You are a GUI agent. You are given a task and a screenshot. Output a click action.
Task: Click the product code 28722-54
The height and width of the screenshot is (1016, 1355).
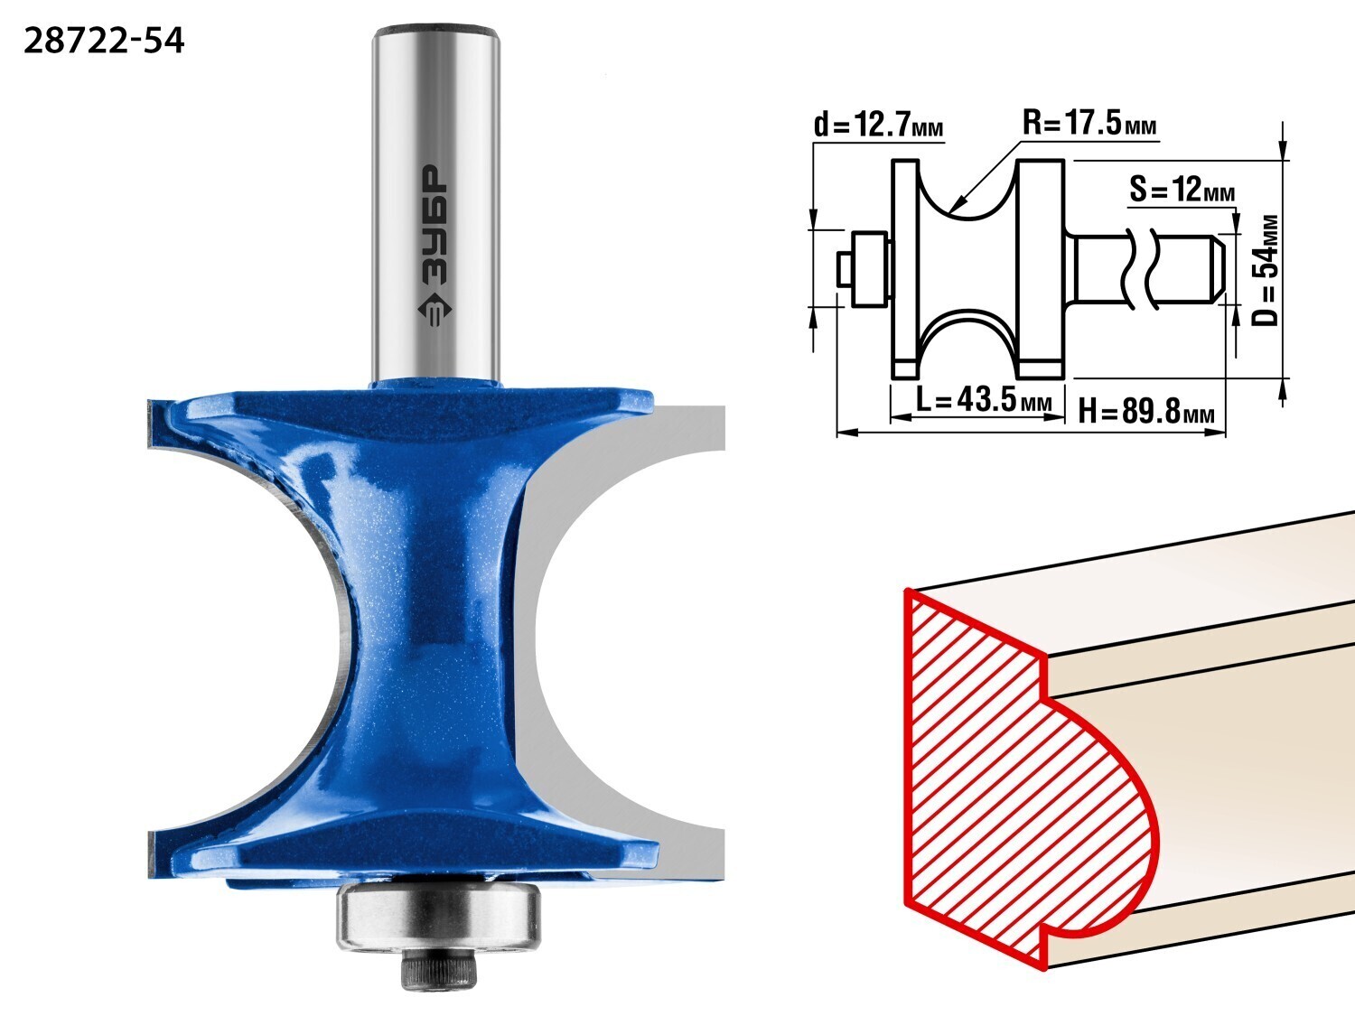coord(104,42)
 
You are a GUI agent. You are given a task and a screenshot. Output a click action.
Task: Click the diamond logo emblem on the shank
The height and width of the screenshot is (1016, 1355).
coord(435,309)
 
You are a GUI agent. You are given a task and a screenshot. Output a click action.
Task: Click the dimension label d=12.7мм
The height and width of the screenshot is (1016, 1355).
coord(878,125)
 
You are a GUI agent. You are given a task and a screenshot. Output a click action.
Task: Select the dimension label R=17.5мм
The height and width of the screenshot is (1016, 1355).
coord(1089,122)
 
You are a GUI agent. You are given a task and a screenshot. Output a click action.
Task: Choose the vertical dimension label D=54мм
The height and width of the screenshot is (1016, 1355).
coord(1265,270)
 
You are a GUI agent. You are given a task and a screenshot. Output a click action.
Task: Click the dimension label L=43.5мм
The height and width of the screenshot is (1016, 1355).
coord(984,400)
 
